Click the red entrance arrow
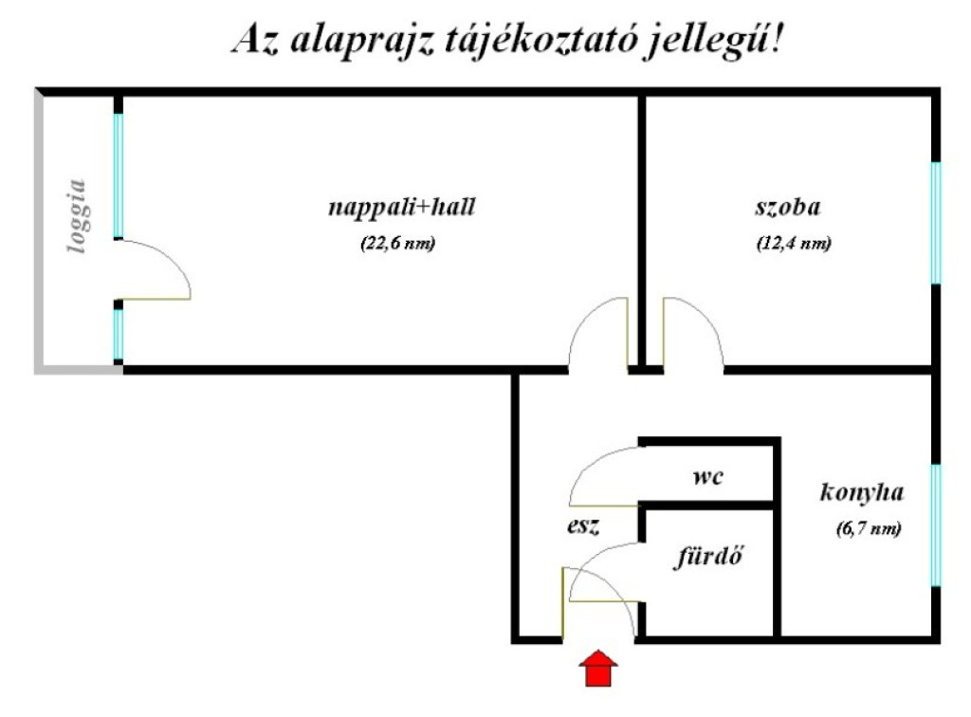pyautogui.click(x=598, y=669)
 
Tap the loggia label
pyautogui.click(x=78, y=216)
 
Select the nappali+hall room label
pyautogui.click(x=401, y=207)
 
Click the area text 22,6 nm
pyautogui.click(x=398, y=243)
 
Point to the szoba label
pyautogui.click(x=788, y=207)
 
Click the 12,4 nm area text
pyautogui.click(x=794, y=243)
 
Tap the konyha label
pyautogui.click(x=862, y=492)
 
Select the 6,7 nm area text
pyautogui.click(x=869, y=529)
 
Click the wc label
pyautogui.click(x=707, y=477)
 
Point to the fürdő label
pyautogui.click(x=707, y=556)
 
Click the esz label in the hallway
pyautogui.click(x=583, y=526)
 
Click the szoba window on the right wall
pyautogui.click(x=936, y=223)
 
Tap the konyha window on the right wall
pyautogui.click(x=936, y=525)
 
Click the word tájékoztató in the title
pyautogui.click(x=539, y=41)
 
